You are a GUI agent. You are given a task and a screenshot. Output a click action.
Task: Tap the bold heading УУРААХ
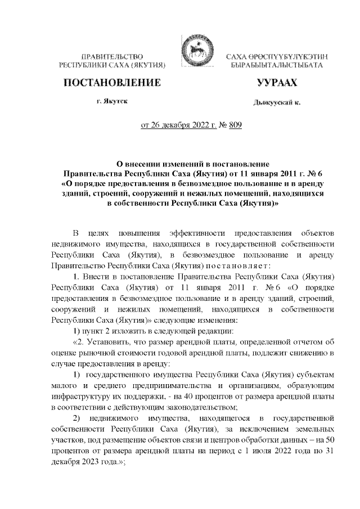pos(276,83)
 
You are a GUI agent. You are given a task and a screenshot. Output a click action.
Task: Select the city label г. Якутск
pos(111,102)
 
